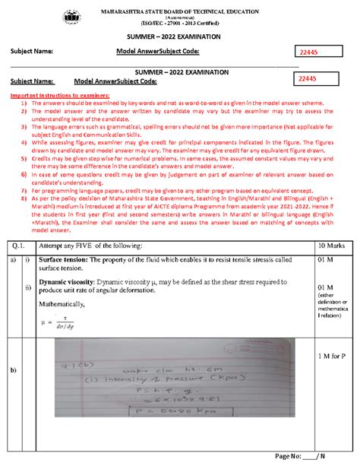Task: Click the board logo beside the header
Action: (x=74, y=16)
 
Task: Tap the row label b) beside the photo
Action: (x=13, y=391)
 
